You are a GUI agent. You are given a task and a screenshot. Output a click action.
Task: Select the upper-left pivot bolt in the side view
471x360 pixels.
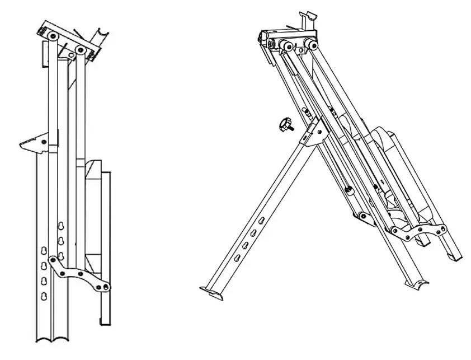pyautogui.click(x=51, y=35)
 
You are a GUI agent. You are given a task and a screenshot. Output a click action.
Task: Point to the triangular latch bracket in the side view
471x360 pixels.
pyautogui.click(x=35, y=144)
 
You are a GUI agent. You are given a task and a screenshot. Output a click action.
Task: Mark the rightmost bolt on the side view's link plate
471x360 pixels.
pyautogui.click(x=107, y=287)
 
